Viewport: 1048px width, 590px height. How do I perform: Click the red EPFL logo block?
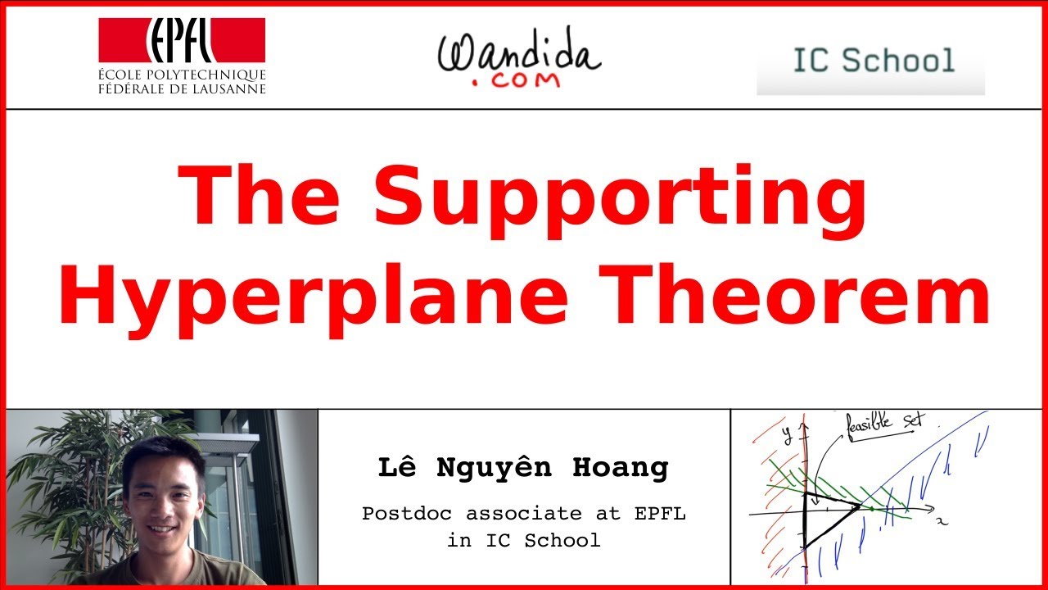182,41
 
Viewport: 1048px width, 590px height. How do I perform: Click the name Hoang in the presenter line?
629,468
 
